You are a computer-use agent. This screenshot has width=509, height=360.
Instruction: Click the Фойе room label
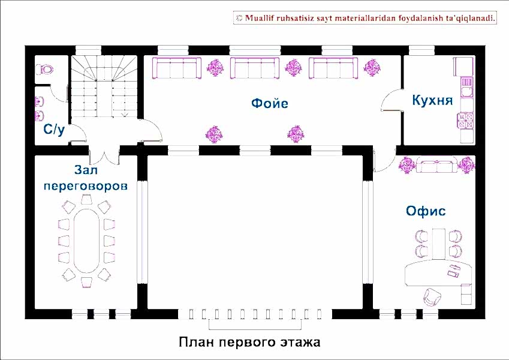(269, 104)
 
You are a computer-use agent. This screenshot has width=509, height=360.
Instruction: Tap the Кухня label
(432, 100)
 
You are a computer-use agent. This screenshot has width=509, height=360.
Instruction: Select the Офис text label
(426, 211)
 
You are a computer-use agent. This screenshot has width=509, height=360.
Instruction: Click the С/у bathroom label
(53, 130)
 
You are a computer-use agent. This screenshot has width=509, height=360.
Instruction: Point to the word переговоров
(86, 186)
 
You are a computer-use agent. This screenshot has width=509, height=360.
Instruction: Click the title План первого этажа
(249, 343)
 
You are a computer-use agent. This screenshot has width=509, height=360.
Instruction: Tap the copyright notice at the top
(366, 19)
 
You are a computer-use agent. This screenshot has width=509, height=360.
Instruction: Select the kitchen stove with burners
(465, 121)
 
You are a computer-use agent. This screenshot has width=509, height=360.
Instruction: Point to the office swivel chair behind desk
(432, 296)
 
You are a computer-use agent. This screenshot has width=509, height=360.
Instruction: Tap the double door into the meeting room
(105, 154)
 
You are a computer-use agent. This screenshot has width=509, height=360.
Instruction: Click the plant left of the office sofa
(408, 164)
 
